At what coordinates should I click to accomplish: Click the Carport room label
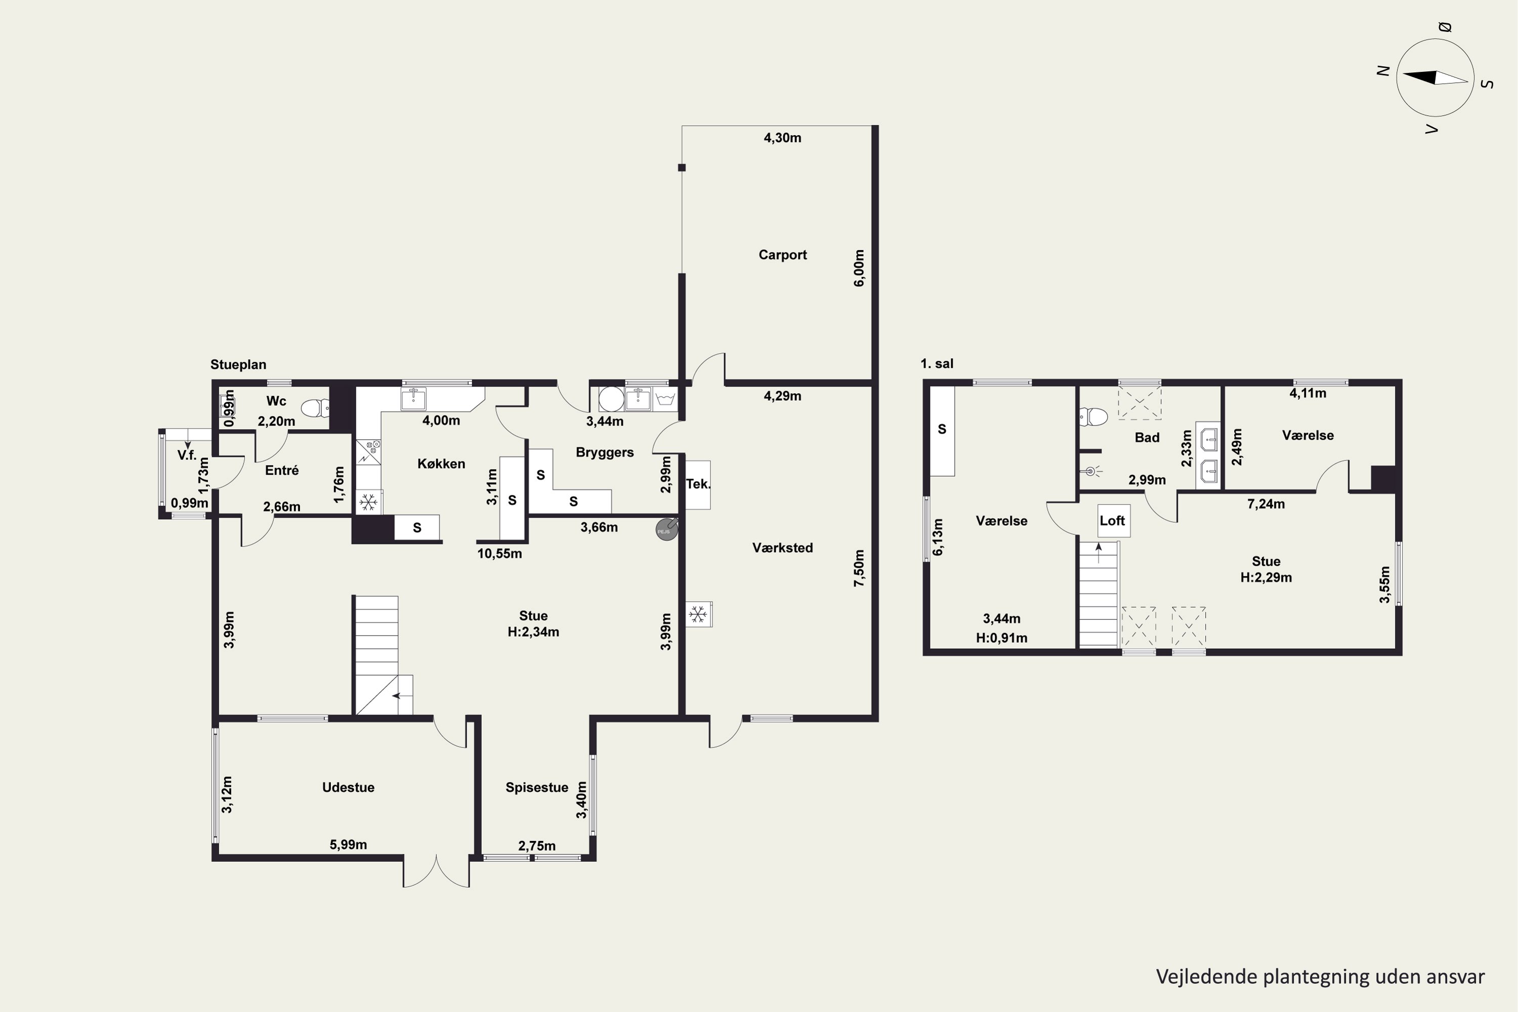(x=782, y=255)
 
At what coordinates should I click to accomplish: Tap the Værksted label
(x=782, y=548)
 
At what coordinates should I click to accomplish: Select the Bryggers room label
(x=605, y=453)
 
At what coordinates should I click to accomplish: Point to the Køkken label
(x=441, y=464)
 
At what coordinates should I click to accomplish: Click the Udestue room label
(x=349, y=787)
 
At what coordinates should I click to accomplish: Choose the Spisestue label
(x=537, y=787)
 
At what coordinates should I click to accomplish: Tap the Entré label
(x=282, y=471)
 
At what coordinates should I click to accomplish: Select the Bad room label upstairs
(x=1147, y=438)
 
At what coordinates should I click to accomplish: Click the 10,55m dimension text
(x=499, y=554)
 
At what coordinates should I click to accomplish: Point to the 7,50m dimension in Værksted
(x=859, y=568)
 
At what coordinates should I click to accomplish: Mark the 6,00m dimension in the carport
(x=859, y=269)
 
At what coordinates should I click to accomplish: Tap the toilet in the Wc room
(x=316, y=408)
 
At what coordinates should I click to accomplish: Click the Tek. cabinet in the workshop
(x=698, y=485)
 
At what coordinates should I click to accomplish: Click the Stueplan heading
(x=238, y=365)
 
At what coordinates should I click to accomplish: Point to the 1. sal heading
(x=937, y=364)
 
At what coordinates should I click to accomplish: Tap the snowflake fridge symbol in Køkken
(x=368, y=502)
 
